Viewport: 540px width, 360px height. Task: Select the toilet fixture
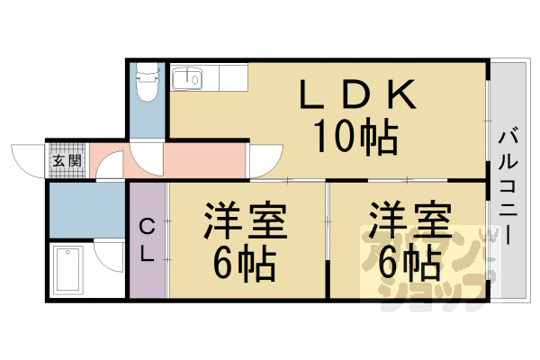(x=145, y=83)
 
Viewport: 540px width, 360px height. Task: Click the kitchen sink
(x=190, y=78)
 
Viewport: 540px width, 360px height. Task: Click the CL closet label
(x=147, y=240)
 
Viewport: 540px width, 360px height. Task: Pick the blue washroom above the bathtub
(x=85, y=209)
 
